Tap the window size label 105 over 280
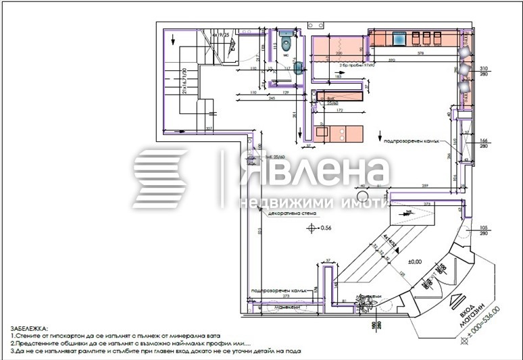tap(483, 232)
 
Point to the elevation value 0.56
tap(326, 228)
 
